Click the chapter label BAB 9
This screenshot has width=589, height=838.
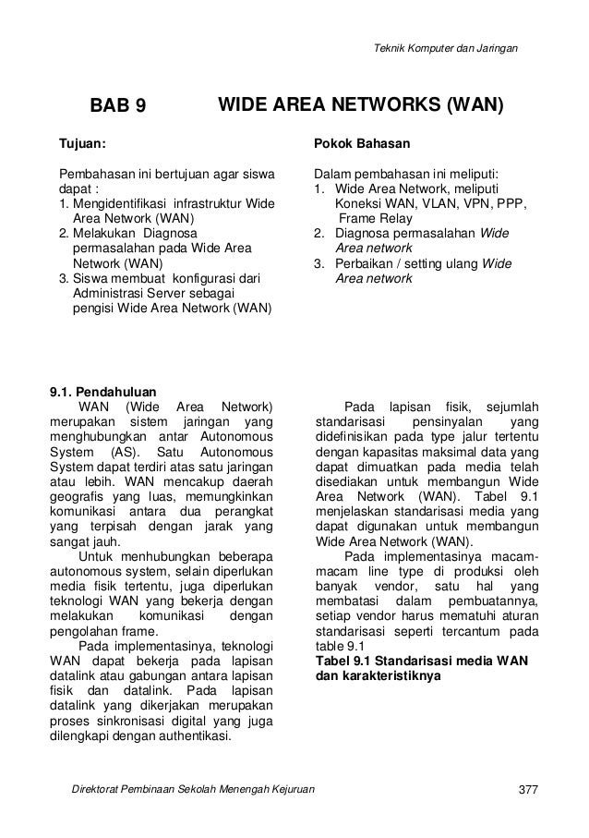[x=116, y=106]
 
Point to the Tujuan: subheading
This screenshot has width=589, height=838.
[x=82, y=144]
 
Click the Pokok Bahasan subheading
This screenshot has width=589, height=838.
[x=355, y=144]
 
